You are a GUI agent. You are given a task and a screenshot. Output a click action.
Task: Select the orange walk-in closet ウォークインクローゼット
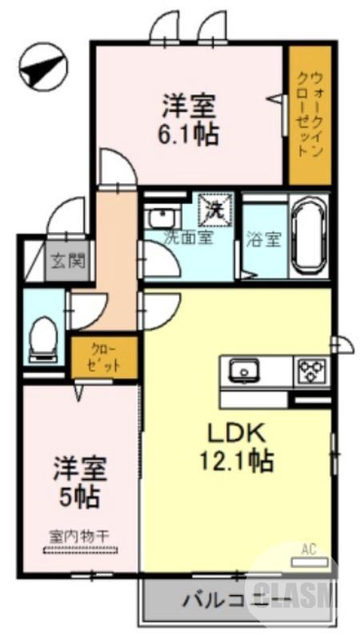tap(309, 116)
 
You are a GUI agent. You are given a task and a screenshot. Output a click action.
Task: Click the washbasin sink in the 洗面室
tap(162, 218)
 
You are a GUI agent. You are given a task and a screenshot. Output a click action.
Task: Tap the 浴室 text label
tap(264, 238)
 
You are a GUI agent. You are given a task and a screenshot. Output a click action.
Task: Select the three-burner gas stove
tap(310, 370)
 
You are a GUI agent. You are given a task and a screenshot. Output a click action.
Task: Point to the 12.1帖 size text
tap(238, 462)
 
